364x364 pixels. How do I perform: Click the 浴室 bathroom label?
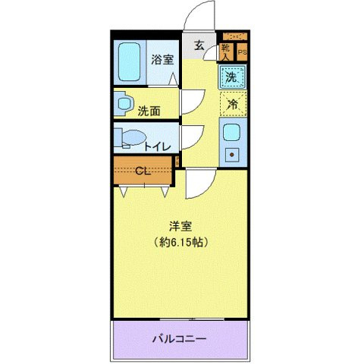click(x=161, y=60)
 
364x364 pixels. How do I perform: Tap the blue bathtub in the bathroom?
click(x=129, y=63)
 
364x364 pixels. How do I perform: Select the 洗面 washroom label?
click(x=149, y=111)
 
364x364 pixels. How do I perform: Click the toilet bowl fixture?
click(x=129, y=139)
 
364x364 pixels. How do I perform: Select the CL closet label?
click(x=142, y=171)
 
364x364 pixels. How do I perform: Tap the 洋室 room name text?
click(x=180, y=225)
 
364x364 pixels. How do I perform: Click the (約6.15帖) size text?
click(x=180, y=242)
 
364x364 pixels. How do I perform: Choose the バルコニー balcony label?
click(x=180, y=338)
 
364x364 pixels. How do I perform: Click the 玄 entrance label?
click(x=198, y=45)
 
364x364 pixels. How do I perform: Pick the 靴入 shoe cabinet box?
click(x=226, y=52)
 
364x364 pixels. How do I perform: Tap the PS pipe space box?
click(x=243, y=52)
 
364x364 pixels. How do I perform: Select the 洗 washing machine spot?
click(x=231, y=76)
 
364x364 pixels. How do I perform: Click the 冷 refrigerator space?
click(x=234, y=104)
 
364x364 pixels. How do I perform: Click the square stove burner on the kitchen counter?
click(x=232, y=155)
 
